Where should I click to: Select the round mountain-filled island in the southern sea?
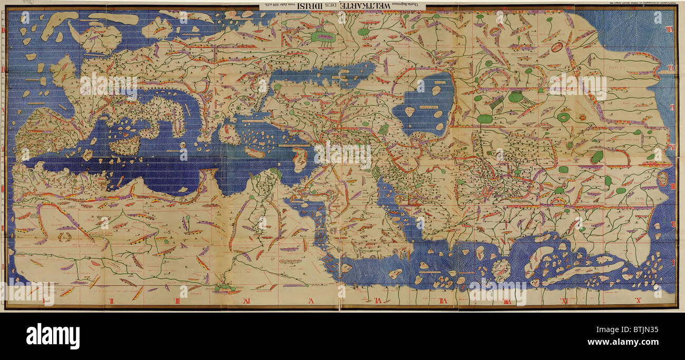(x=501, y=269)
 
